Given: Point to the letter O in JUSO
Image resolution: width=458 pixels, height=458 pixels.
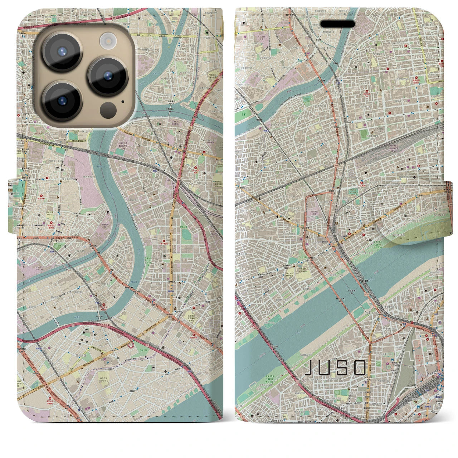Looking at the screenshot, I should pyautogui.click(x=360, y=367).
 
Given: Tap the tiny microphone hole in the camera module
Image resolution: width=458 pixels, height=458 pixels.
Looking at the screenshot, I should pyautogui.click(x=123, y=102).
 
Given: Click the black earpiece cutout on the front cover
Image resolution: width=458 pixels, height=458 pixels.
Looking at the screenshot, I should pyautogui.click(x=337, y=24).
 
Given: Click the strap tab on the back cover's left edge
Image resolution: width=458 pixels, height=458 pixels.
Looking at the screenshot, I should pyautogui.click(x=13, y=206).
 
